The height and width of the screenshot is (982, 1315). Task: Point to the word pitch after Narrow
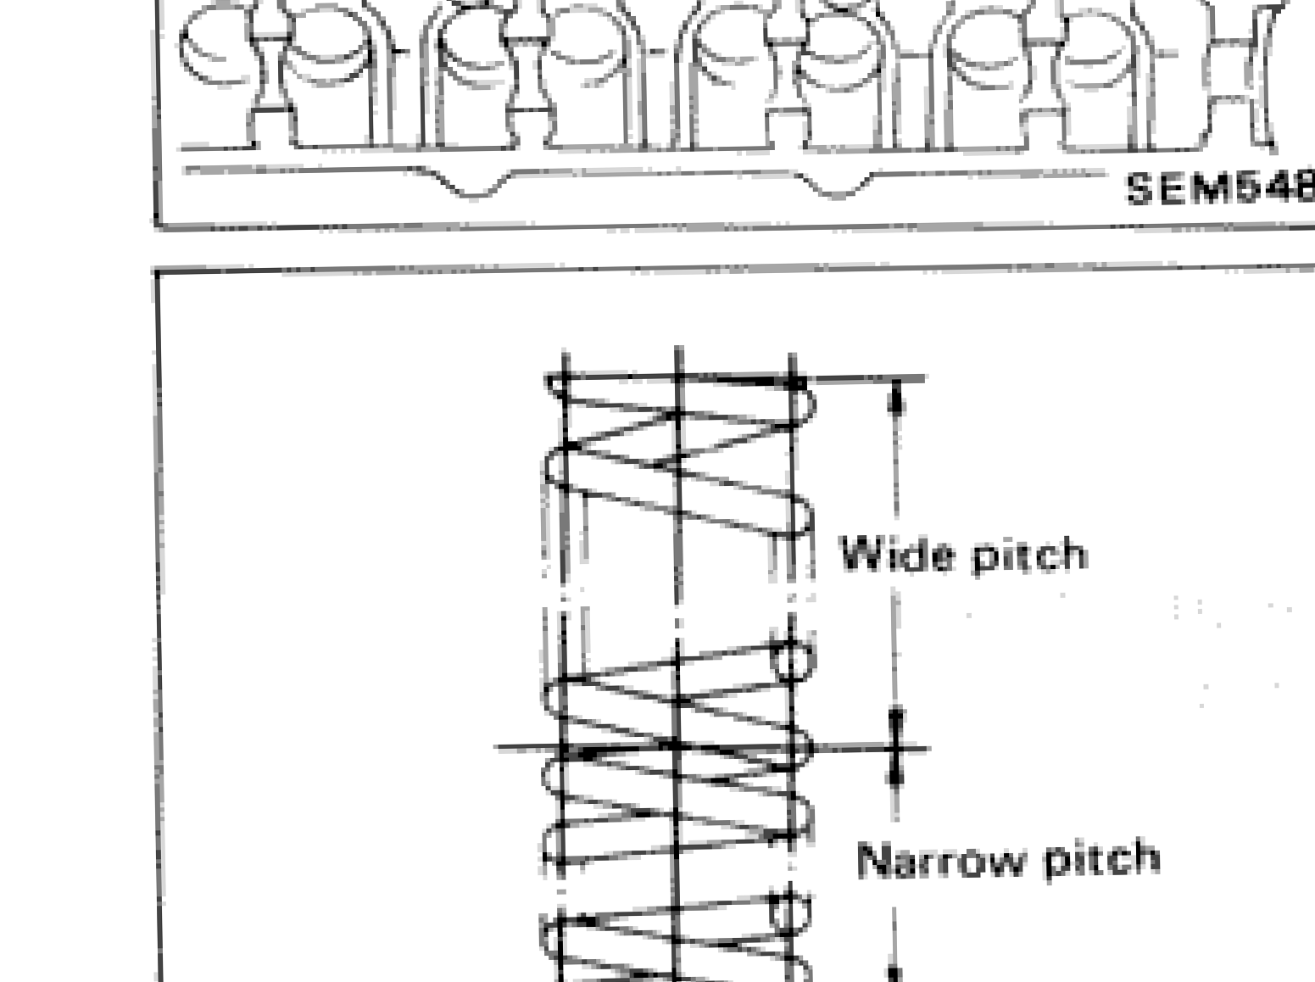1101,858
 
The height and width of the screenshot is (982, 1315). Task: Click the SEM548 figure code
1218,188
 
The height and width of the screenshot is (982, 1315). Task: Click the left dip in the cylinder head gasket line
475,190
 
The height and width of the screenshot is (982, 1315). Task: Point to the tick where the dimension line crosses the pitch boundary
896,749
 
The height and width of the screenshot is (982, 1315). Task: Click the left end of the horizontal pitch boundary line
499,747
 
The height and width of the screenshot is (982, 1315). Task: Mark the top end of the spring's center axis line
677,349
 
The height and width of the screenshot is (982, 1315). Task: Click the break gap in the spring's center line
677,611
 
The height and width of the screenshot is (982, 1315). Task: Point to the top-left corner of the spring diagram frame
157,273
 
